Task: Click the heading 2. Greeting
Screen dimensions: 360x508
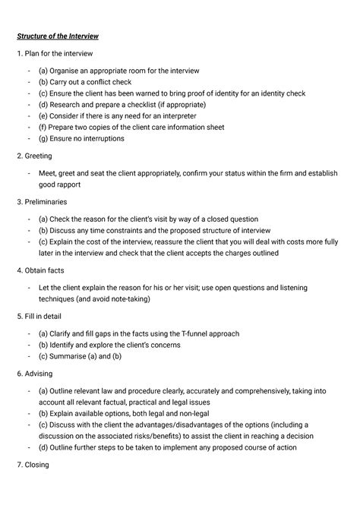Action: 33,156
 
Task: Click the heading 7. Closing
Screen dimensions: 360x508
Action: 34,465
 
